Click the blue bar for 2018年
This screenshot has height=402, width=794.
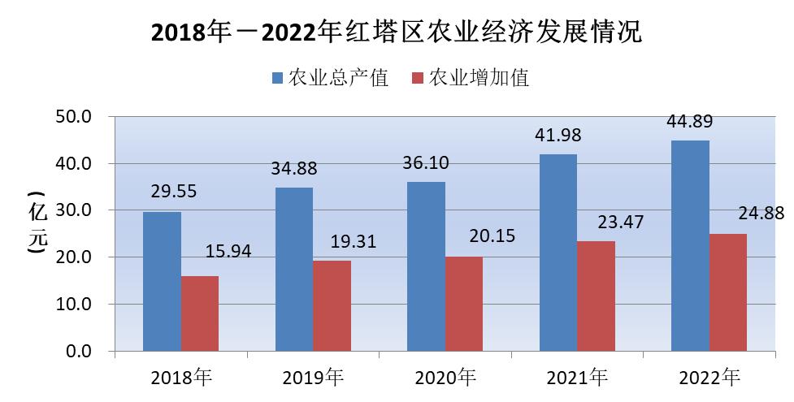pos(162,281)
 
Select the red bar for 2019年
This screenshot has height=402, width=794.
pos(332,305)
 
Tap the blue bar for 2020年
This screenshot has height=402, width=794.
pos(427,266)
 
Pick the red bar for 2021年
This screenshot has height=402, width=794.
pos(596,296)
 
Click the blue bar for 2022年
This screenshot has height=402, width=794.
pos(690,245)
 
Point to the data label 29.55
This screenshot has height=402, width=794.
pos(174,192)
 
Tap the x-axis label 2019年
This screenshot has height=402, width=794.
pos(314,378)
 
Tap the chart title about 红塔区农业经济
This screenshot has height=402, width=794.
pos(397,33)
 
